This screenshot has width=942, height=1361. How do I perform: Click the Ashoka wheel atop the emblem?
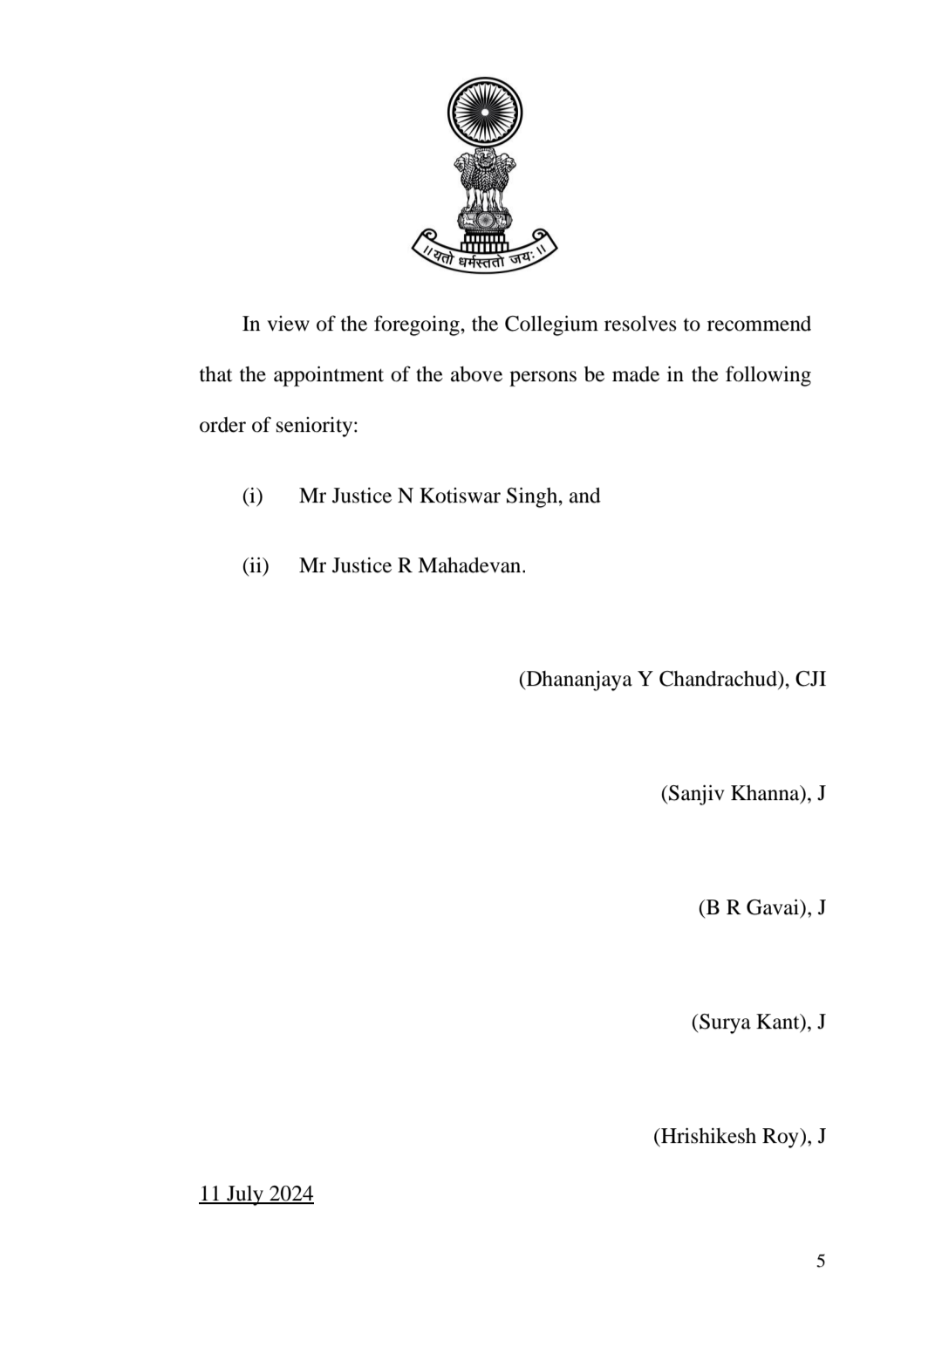pyautogui.click(x=484, y=113)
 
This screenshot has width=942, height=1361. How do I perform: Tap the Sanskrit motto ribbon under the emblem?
pyautogui.click(x=484, y=252)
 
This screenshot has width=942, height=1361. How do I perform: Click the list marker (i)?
pyautogui.click(x=252, y=496)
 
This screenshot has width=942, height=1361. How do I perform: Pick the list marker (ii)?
pyautogui.click(x=255, y=566)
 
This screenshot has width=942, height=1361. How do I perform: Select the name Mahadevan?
pyautogui.click(x=471, y=566)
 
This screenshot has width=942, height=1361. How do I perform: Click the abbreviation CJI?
pyautogui.click(x=810, y=680)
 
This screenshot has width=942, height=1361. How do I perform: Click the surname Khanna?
pyautogui.click(x=769, y=794)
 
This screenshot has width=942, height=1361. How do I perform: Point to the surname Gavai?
pyautogui.click(x=774, y=908)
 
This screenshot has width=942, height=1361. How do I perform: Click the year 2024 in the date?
pyautogui.click(x=290, y=1194)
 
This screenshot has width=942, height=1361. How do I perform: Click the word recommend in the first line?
pyautogui.click(x=758, y=325)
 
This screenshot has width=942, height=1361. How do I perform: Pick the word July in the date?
pyautogui.click(x=245, y=1194)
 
